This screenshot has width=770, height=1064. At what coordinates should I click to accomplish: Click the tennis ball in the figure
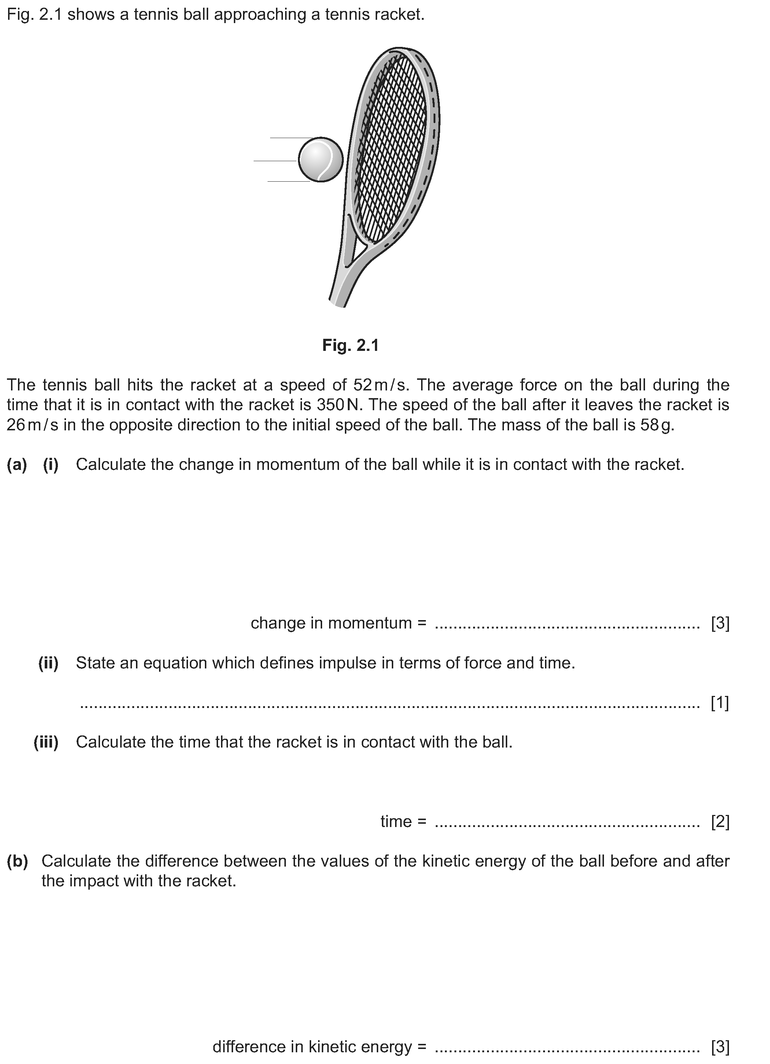pyautogui.click(x=321, y=159)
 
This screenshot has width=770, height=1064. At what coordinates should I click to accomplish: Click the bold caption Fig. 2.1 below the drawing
pyautogui.click(x=350, y=345)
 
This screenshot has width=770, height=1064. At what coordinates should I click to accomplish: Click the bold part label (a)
pyautogui.click(x=17, y=464)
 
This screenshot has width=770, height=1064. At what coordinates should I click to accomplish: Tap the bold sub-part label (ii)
pyautogui.click(x=48, y=663)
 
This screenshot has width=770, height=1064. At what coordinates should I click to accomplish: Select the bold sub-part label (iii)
pyautogui.click(x=46, y=742)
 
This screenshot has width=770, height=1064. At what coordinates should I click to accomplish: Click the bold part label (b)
pyautogui.click(x=17, y=861)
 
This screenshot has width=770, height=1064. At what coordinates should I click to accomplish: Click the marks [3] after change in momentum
pyautogui.click(x=720, y=623)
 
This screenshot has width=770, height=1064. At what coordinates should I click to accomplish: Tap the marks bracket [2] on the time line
pyautogui.click(x=720, y=822)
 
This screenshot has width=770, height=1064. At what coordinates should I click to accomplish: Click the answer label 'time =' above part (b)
pyautogui.click(x=403, y=822)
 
